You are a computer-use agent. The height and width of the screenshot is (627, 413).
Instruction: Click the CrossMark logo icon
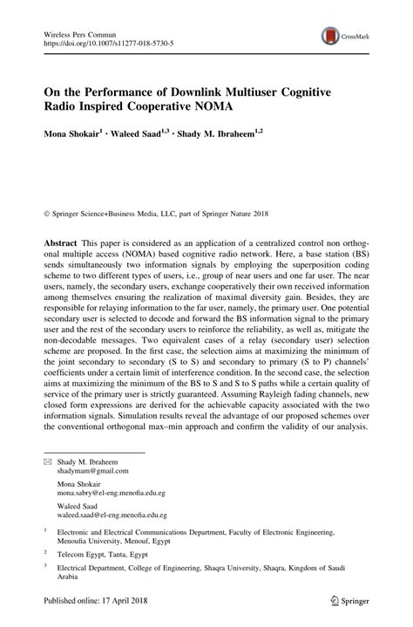coord(330,36)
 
